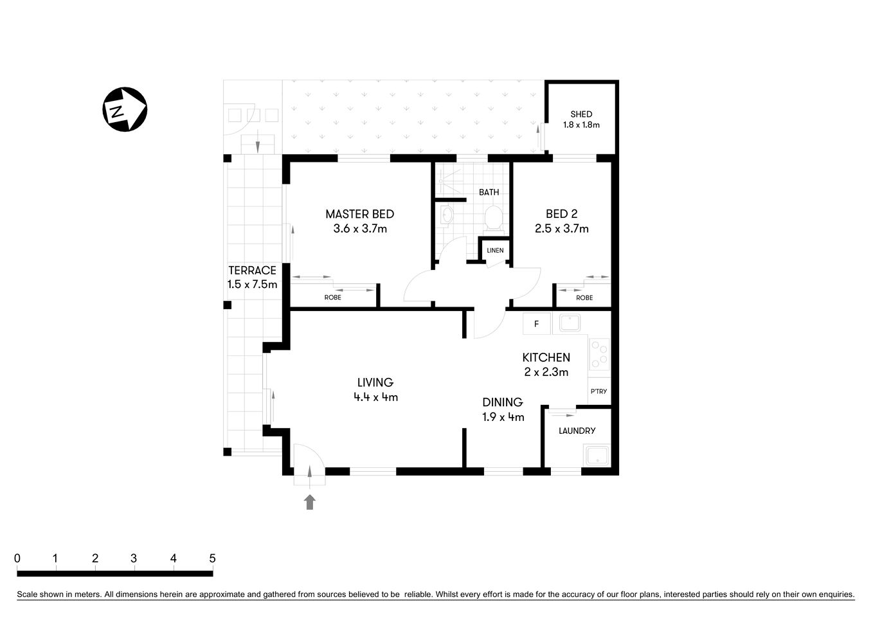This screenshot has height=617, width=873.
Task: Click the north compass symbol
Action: pyautogui.click(x=125, y=109)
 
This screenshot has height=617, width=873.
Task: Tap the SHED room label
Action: pyautogui.click(x=581, y=114)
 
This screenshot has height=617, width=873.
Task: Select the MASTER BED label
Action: pyautogui.click(x=359, y=214)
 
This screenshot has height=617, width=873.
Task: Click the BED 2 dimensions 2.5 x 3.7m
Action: pyautogui.click(x=561, y=228)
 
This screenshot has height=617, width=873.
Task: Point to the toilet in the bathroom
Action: pyautogui.click(x=493, y=218)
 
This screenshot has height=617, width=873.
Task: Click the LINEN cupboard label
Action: pyautogui.click(x=495, y=250)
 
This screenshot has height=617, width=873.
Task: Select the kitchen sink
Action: pyautogui.click(x=570, y=323)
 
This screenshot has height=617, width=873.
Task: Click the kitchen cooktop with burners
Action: pyautogui.click(x=599, y=354)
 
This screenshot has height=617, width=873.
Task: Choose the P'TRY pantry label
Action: pyautogui.click(x=598, y=391)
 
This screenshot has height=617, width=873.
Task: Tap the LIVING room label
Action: pyautogui.click(x=375, y=382)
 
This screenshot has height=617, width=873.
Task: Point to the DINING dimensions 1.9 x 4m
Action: pyautogui.click(x=503, y=416)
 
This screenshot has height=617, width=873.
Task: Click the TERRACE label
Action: pyautogui.click(x=252, y=271)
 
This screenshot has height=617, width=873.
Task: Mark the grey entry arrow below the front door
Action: pyautogui.click(x=310, y=502)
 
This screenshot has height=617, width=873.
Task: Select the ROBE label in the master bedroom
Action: pyautogui.click(x=332, y=298)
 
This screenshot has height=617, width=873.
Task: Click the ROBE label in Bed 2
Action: pyautogui.click(x=584, y=298)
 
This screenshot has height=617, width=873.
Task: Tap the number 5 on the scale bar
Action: pyautogui.click(x=212, y=559)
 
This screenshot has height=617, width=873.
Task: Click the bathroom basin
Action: pyautogui.click(x=446, y=215)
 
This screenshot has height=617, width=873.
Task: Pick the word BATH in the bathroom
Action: pyautogui.click(x=489, y=192)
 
